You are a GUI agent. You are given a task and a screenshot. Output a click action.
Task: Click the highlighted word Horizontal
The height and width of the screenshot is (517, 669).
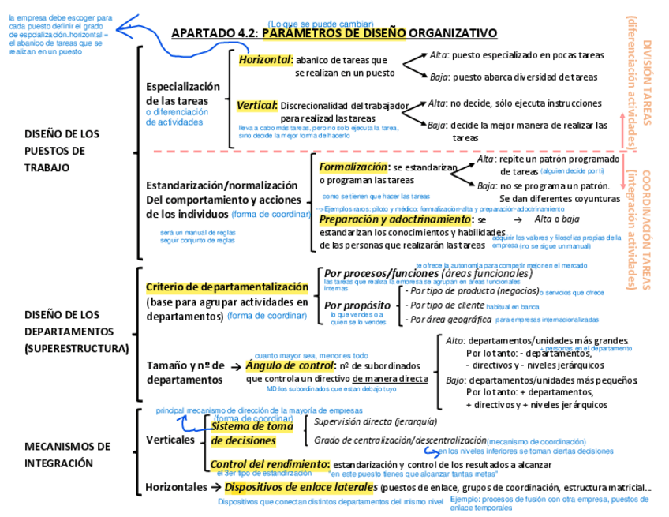coord(265,59)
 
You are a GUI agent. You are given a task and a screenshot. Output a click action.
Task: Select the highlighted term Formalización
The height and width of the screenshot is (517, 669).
coord(354,167)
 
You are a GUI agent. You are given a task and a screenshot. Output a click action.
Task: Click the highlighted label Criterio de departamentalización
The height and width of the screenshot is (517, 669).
coord(227,287)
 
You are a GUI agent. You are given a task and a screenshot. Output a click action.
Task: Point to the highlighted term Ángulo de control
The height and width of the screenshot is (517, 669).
coord(289,365)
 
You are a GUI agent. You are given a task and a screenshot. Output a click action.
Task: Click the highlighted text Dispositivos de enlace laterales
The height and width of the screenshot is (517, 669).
coord(301,487)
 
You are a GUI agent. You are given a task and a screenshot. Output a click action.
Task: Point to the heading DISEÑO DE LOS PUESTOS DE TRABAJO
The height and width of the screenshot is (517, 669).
coord(62,150)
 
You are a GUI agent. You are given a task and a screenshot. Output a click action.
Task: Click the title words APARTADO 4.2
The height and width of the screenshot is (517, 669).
coord(214,33)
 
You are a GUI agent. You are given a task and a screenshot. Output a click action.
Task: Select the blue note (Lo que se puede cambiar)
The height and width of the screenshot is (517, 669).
coord(320,24)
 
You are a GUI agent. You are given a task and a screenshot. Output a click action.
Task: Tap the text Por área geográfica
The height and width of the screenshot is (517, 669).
coord(447,320)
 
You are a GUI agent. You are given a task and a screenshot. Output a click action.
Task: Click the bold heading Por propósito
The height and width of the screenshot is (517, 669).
coord(357,305)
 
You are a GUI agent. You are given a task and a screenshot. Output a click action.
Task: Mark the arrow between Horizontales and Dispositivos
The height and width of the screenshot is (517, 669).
coord(216,487)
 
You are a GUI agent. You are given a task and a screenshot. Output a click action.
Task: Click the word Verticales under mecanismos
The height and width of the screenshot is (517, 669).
coord(170,440)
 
